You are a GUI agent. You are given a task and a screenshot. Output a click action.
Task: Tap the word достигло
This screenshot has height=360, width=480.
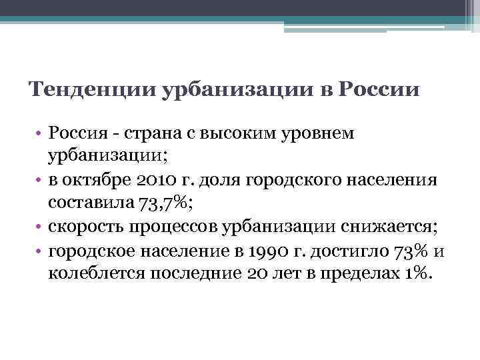pos(335,250)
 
